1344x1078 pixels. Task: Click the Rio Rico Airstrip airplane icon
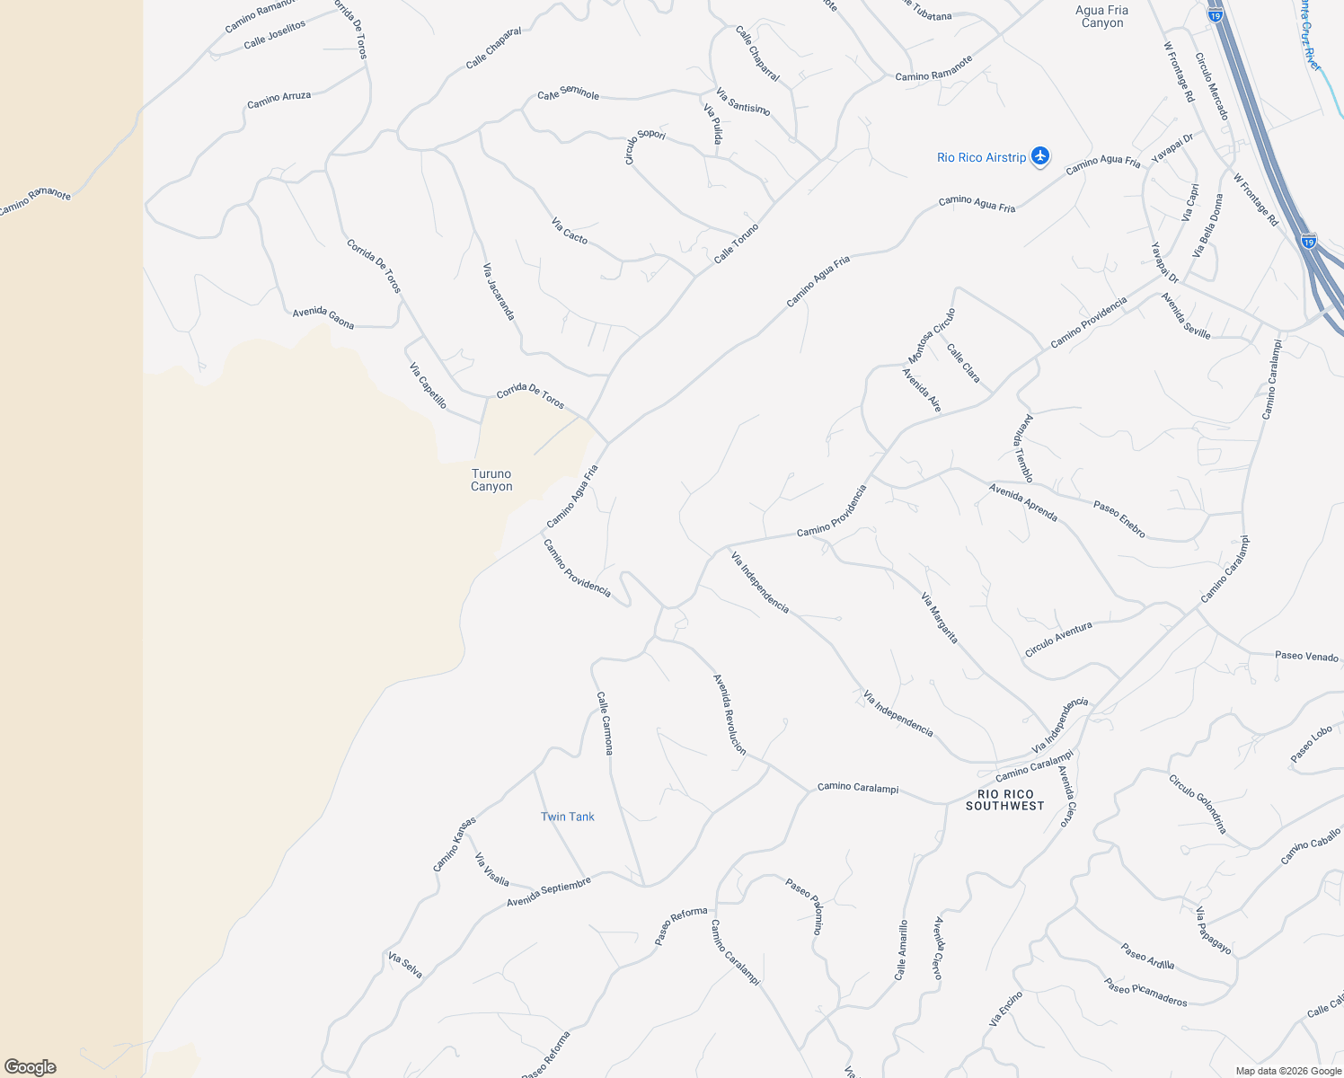coord(1040,156)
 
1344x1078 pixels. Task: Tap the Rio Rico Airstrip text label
coord(981,157)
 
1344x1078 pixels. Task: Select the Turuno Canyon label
coord(491,480)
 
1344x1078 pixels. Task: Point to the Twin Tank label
coord(567,817)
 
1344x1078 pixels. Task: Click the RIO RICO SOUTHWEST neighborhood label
coord(1005,800)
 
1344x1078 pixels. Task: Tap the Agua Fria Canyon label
coord(1101,16)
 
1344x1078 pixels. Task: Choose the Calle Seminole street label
coord(568,93)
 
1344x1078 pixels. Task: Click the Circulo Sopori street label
coord(644,146)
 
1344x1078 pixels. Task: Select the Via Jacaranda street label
coord(499,291)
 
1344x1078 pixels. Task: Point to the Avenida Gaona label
coord(323,317)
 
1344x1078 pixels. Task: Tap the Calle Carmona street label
coord(606,722)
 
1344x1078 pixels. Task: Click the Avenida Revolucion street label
coord(729,714)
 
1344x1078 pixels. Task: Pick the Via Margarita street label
coord(940,618)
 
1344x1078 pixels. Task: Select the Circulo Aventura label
coord(1058,639)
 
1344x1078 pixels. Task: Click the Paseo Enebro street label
coord(1119,519)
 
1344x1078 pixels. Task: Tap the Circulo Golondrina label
coord(1198,804)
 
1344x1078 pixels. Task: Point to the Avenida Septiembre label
coord(549,892)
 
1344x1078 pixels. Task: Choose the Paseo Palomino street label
coord(804,906)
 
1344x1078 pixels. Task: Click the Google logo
coord(31,1067)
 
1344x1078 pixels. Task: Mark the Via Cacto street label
coord(570,231)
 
